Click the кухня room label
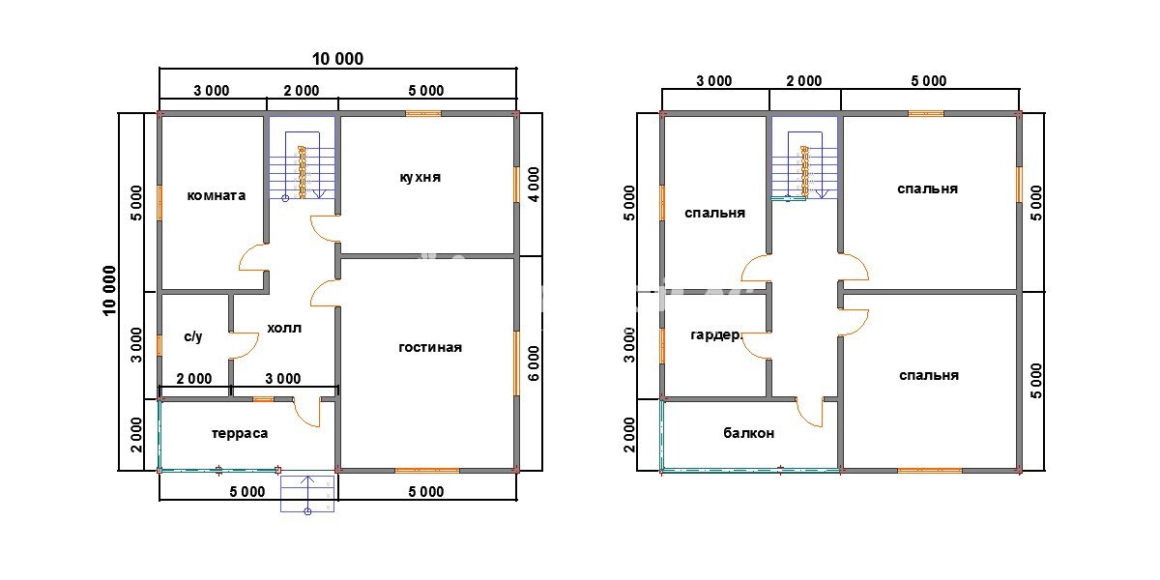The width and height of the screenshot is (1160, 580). [420, 178]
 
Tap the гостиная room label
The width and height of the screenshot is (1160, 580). [430, 347]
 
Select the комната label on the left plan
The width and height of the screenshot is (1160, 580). [216, 195]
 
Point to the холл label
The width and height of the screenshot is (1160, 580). [284, 328]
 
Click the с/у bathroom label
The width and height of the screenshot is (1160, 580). [193, 336]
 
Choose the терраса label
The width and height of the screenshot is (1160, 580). [240, 433]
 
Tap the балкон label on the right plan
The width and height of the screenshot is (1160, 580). [749, 433]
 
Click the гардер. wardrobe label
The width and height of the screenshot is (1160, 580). [716, 335]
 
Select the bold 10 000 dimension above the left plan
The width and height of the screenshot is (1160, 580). [337, 59]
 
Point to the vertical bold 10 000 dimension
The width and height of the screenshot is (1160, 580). [109, 291]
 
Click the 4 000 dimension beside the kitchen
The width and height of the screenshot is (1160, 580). [534, 185]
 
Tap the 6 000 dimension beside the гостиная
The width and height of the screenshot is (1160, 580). [534, 363]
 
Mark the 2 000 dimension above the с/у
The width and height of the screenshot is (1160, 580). [194, 379]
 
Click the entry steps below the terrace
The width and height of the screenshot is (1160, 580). [307, 494]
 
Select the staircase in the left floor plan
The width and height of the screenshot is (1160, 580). [302, 158]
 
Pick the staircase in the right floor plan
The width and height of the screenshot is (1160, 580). [804, 158]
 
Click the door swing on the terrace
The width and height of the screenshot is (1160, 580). [306, 413]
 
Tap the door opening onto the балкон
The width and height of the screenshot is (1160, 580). [809, 413]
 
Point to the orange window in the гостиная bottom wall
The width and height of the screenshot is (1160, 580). [427, 471]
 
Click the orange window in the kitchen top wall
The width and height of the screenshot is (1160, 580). [423, 113]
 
